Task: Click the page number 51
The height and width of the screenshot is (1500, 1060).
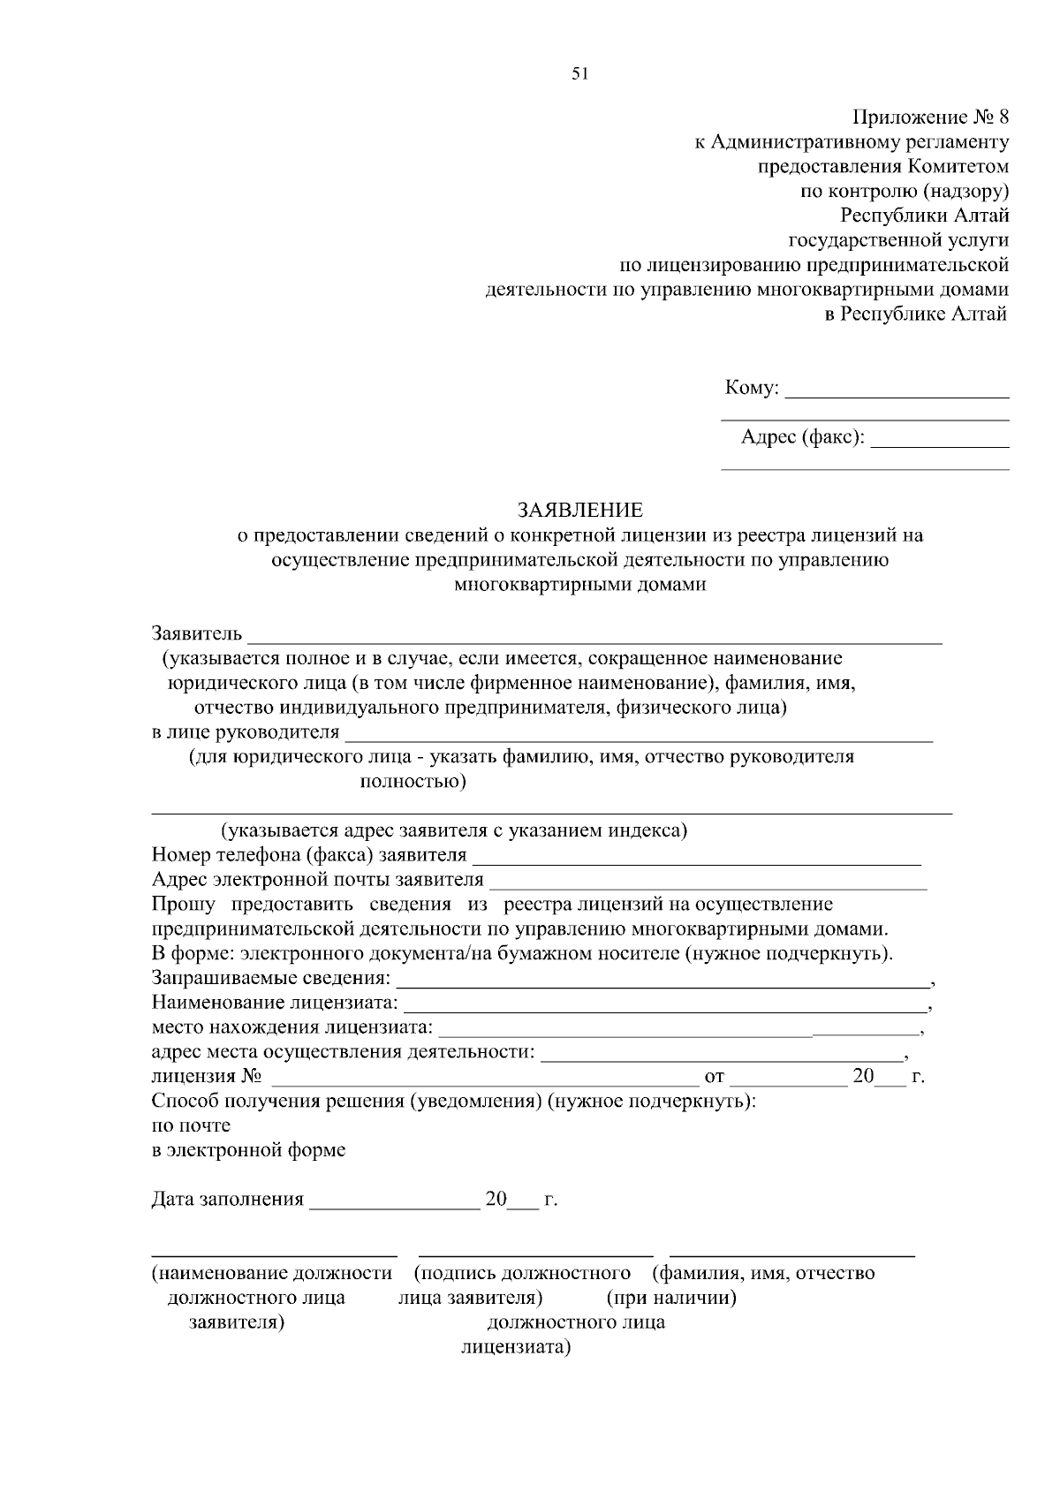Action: click(x=579, y=74)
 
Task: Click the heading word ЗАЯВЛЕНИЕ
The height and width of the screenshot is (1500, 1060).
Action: click(x=580, y=511)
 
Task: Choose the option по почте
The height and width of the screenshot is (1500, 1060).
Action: click(x=191, y=1126)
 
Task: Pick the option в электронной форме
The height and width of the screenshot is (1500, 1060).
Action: click(x=248, y=1151)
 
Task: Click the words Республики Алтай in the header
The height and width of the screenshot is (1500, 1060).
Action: click(x=924, y=216)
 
